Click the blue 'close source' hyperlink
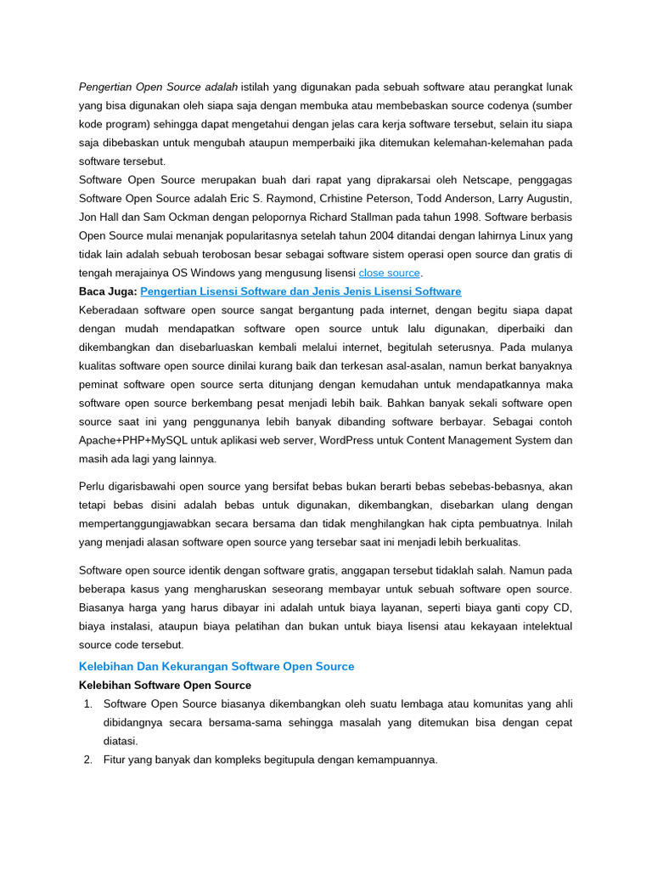tap(389, 273)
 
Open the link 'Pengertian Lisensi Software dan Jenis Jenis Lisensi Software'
tap(301, 291)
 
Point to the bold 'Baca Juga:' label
tap(108, 291)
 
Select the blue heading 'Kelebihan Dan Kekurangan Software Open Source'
tap(216, 666)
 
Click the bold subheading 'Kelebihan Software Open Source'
tap(165, 685)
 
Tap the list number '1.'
tap(88, 703)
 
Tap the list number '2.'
tap(88, 760)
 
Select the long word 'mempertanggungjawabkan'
tap(144, 523)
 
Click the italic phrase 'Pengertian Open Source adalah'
tap(159, 86)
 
